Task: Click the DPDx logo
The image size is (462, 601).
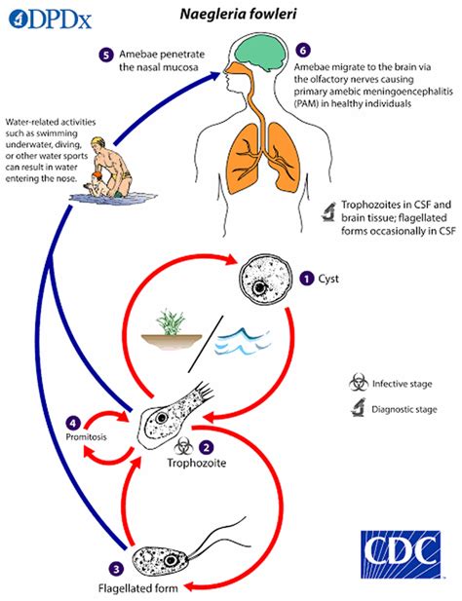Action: (47, 16)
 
